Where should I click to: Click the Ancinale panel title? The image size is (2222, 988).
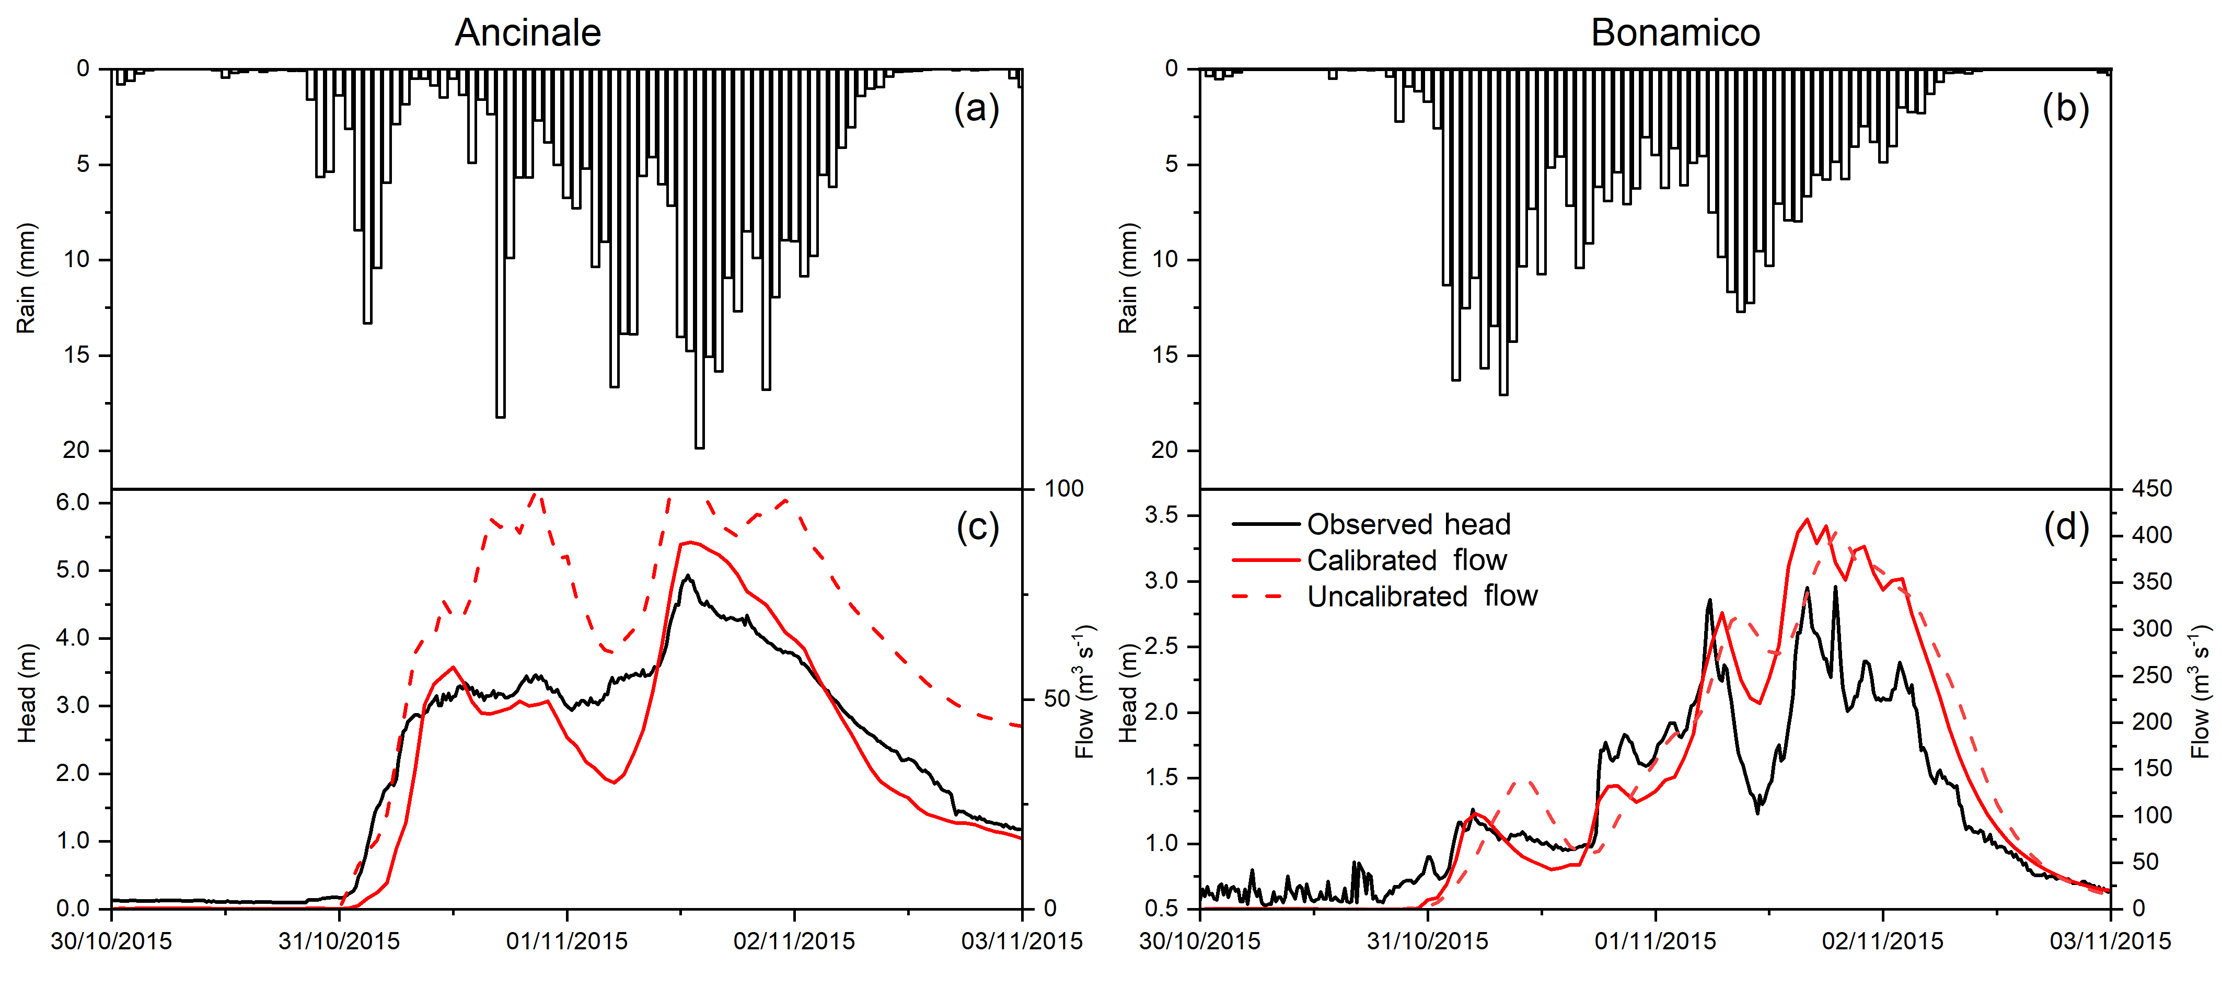(527, 33)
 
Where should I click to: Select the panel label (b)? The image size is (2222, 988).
(2065, 109)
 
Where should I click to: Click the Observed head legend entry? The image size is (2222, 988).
(1408, 524)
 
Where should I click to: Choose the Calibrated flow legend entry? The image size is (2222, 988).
(1406, 560)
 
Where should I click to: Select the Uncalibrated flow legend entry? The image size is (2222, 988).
(1421, 596)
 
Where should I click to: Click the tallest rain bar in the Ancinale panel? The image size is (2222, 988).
(699, 259)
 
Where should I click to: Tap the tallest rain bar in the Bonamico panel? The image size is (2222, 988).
(1503, 233)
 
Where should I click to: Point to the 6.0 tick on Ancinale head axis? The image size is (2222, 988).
(73, 502)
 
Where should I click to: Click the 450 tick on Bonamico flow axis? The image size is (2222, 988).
(2152, 488)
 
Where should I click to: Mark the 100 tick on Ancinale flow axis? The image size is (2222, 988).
(1063, 488)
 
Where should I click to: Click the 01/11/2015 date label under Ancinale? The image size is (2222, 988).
(566, 940)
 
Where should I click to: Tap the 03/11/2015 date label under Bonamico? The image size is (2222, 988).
(2110, 940)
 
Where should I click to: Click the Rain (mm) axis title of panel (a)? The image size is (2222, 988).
(26, 278)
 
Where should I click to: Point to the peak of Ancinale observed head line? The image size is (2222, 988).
(688, 576)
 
